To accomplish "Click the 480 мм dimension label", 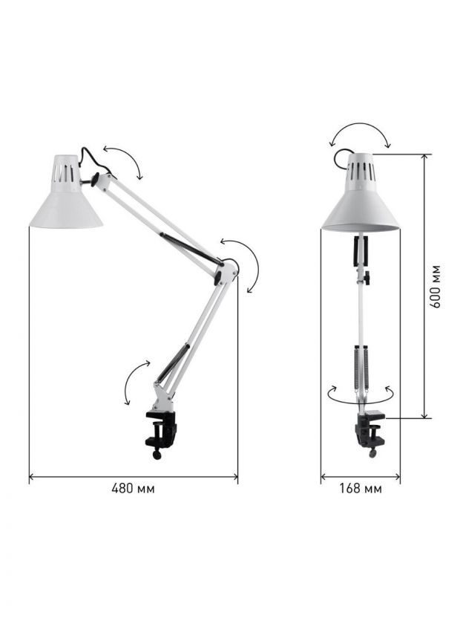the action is [x=133, y=489].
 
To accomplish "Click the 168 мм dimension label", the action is [x=361, y=489].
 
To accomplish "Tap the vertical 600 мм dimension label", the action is [x=435, y=287].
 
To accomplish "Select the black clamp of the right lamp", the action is [x=370, y=429].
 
